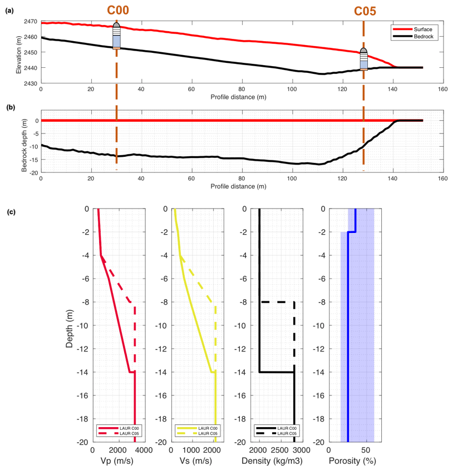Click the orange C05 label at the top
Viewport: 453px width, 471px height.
point(364,12)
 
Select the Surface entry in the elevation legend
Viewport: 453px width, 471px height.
point(414,28)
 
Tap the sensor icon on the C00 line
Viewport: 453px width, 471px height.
point(116,36)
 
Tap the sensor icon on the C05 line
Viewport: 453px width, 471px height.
point(364,59)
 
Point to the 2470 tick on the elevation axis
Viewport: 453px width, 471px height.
point(31,22)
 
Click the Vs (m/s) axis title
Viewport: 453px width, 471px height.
point(194,461)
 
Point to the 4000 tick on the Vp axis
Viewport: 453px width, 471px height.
point(143,449)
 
